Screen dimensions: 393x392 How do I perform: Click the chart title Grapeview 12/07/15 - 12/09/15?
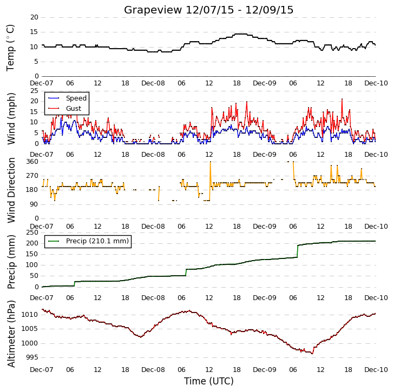tap(208, 10)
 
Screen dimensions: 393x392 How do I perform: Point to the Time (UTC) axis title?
tap(209, 381)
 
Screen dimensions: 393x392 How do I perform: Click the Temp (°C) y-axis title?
tap(10, 48)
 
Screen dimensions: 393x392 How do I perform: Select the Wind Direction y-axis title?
tap(11, 190)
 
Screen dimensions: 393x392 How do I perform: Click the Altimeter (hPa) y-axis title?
tap(11, 334)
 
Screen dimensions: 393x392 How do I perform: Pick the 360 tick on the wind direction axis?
tap(32, 162)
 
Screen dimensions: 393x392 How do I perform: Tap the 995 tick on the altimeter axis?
tap(32, 357)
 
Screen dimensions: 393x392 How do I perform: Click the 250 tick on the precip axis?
tap(32, 232)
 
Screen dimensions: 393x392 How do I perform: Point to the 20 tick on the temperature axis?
tap(34, 17)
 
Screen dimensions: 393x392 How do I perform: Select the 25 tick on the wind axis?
tap(34, 91)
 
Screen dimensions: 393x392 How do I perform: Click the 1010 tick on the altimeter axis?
tap(30, 314)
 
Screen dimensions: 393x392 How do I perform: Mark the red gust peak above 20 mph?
tap(342, 99)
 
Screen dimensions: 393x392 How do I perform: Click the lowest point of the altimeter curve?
tap(312, 354)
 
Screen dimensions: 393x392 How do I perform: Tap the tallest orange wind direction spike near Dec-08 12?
tap(210, 162)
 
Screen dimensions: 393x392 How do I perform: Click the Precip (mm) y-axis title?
tap(11, 262)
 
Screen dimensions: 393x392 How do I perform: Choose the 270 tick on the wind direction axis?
tap(32, 176)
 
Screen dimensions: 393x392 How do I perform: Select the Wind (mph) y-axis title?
tap(11, 118)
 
